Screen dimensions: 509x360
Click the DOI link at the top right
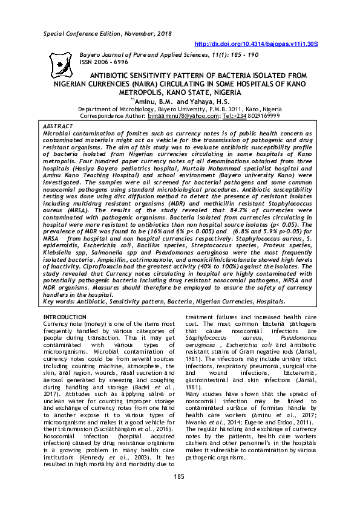256,44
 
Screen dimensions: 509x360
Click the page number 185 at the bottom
179,477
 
